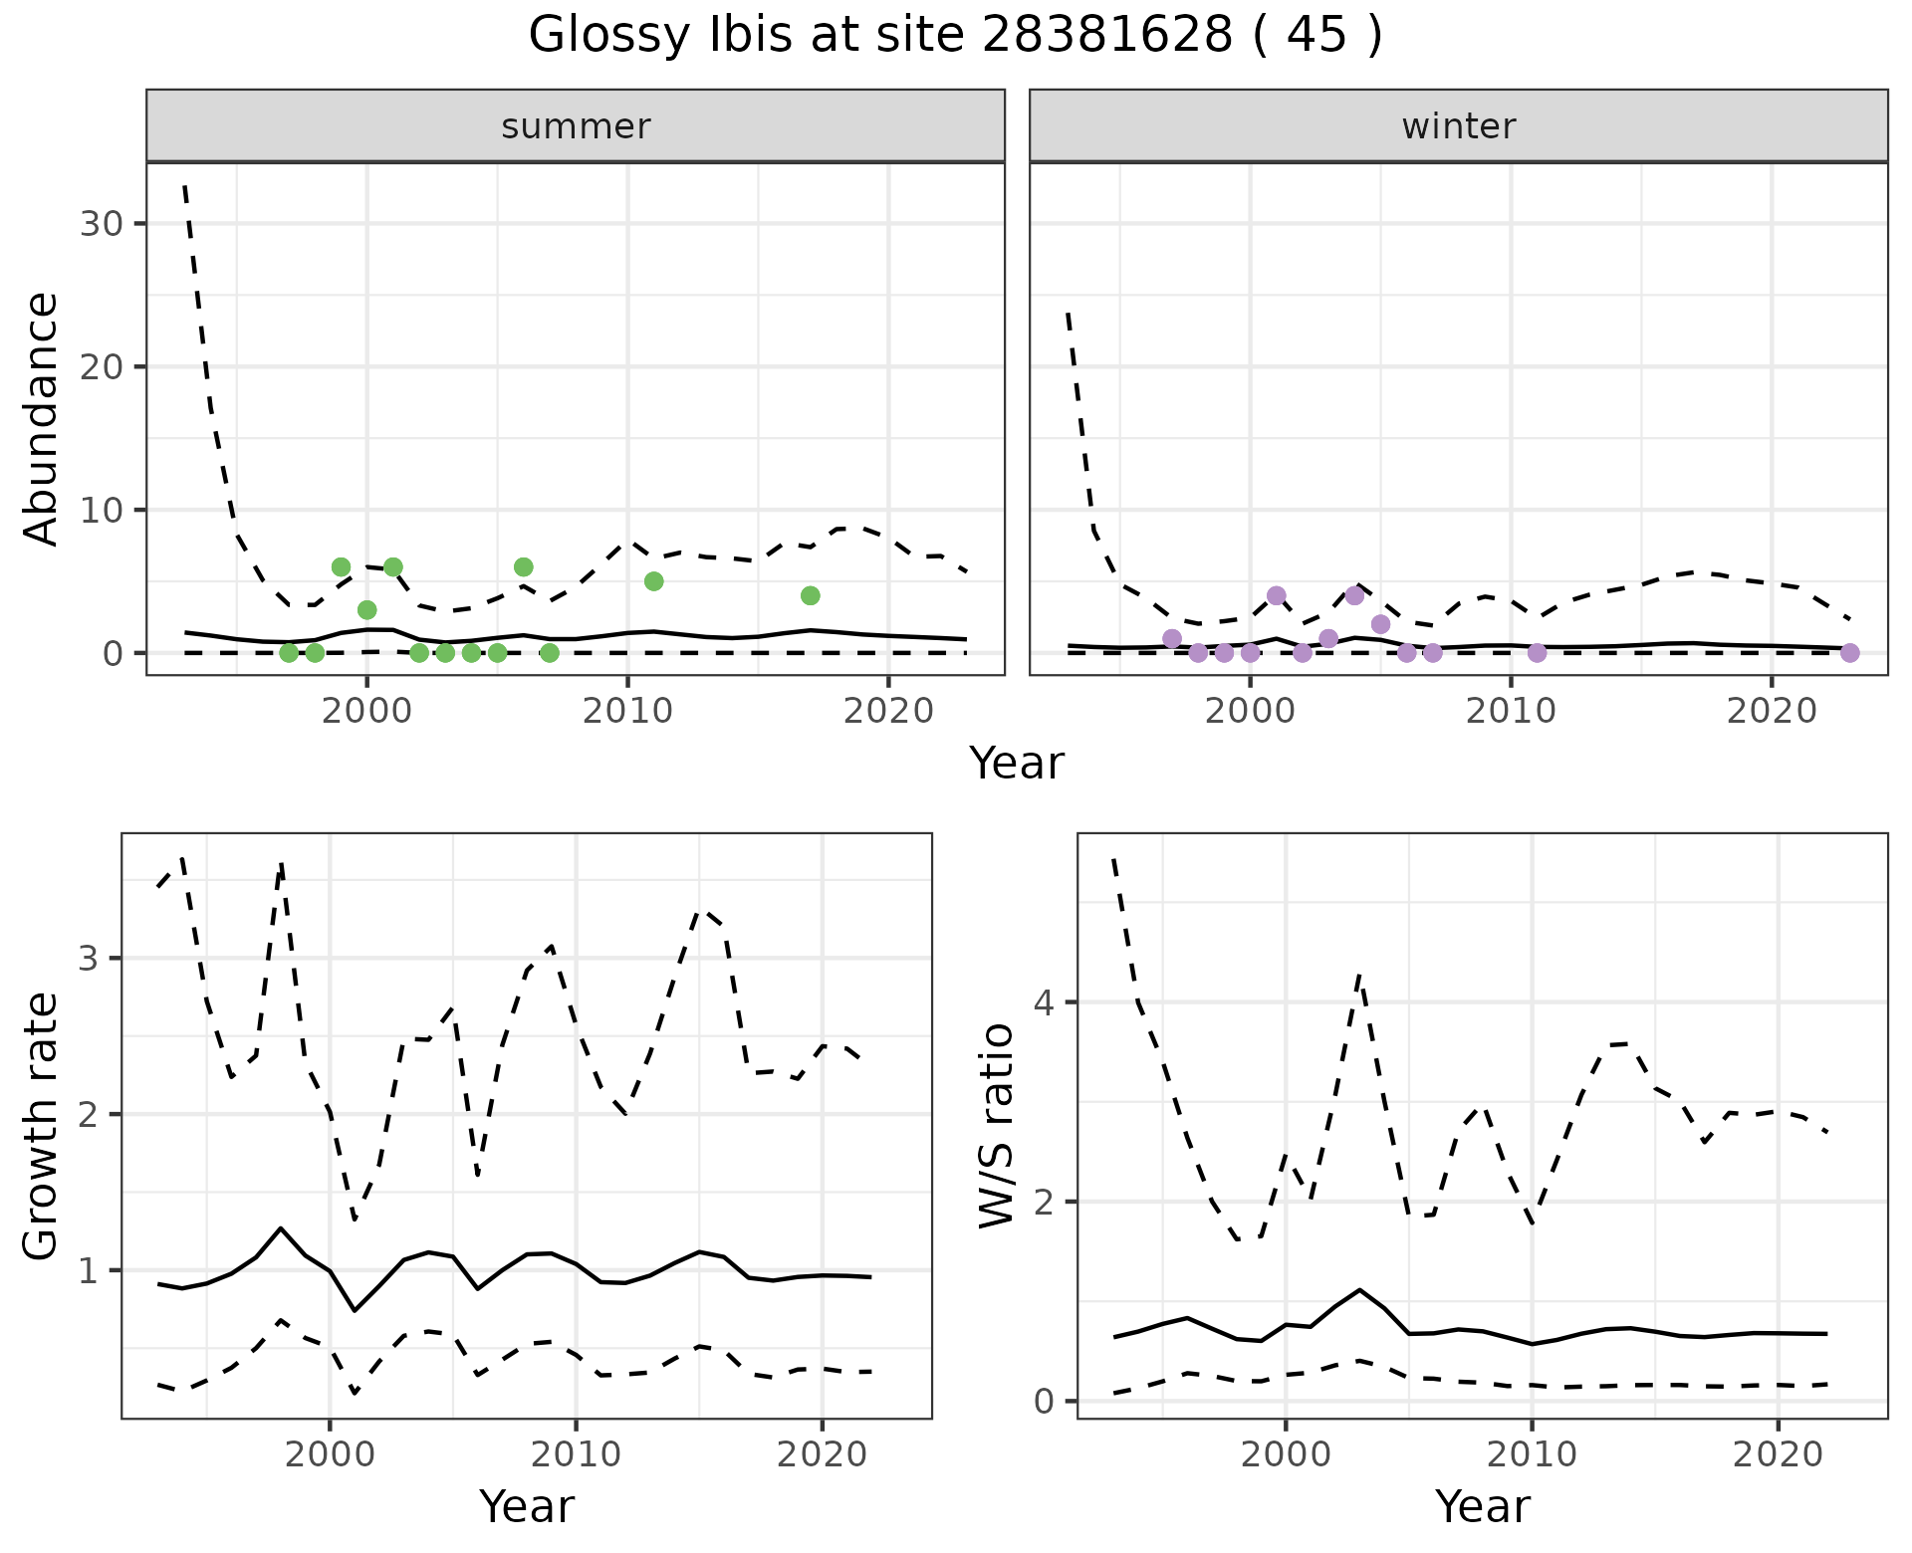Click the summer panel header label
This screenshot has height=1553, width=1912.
click(x=576, y=126)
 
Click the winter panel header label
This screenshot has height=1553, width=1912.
click(x=1458, y=126)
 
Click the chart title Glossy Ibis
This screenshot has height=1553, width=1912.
click(x=955, y=36)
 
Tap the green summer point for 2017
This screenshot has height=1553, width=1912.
click(x=810, y=595)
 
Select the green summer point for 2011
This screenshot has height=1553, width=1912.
click(x=653, y=581)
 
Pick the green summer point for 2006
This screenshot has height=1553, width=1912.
click(x=523, y=567)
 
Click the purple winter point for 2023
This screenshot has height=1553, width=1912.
click(x=1849, y=653)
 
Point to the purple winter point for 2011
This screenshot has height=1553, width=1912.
click(x=1537, y=653)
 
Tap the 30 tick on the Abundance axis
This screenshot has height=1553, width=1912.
click(x=101, y=223)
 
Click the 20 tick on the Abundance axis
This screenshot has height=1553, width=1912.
click(x=101, y=366)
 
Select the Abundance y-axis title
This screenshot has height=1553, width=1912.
click(x=42, y=418)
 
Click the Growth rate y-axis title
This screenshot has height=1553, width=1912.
click(x=42, y=1125)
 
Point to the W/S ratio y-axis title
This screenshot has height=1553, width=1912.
click(x=997, y=1125)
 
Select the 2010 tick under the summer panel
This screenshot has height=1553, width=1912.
click(x=627, y=711)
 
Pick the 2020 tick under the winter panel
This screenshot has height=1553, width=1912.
click(x=1771, y=711)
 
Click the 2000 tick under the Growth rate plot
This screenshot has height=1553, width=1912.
click(x=330, y=1454)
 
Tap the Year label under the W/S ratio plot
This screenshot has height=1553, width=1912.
click(x=1482, y=1507)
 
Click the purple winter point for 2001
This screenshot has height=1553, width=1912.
click(x=1277, y=595)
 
